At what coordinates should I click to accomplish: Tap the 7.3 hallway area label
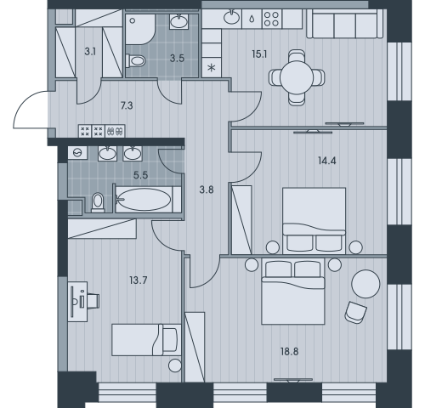point(126,106)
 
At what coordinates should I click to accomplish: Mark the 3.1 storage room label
point(90,51)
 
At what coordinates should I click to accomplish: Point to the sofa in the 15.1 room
point(344,25)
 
